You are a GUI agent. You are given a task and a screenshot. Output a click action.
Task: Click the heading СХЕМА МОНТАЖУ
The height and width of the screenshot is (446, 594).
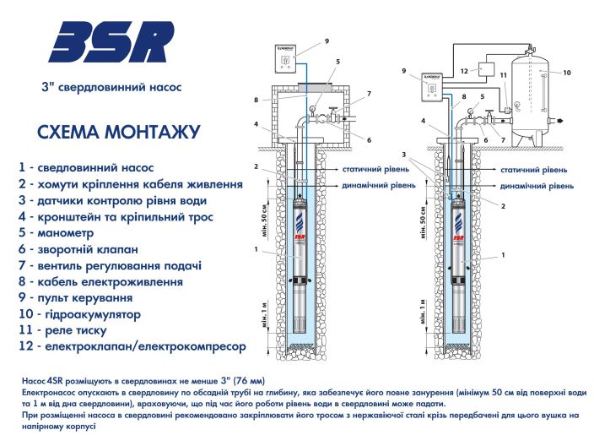coord(119,133)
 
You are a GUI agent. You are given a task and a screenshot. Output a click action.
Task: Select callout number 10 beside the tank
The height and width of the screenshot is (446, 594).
coord(567,72)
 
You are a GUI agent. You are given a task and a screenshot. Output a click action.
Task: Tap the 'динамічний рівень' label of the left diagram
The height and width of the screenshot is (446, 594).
coord(367,184)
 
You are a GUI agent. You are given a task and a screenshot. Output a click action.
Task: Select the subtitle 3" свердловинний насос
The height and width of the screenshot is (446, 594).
coord(111,86)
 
